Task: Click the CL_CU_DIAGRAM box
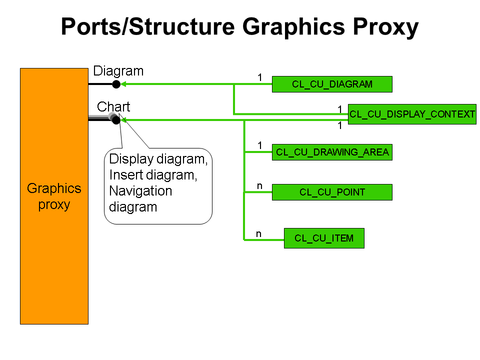pyautogui.click(x=332, y=84)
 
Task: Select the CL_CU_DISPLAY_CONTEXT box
pyautogui.click(x=412, y=114)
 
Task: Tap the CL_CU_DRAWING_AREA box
pyautogui.click(x=332, y=152)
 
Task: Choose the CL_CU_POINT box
pyautogui.click(x=332, y=192)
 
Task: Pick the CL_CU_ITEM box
pyautogui.click(x=324, y=238)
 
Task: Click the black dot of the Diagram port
pyautogui.click(x=116, y=84)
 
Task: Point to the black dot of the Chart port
pyautogui.click(x=116, y=120)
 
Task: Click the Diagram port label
pyautogui.click(x=118, y=71)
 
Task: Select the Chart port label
pyautogui.click(x=113, y=106)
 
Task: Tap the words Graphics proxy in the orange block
pyautogui.click(x=54, y=196)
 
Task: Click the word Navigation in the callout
pyautogui.click(x=140, y=191)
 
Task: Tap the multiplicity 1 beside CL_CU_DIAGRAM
pyautogui.click(x=260, y=77)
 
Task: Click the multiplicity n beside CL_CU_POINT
pyautogui.click(x=259, y=186)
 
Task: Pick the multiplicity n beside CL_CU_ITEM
pyautogui.click(x=259, y=233)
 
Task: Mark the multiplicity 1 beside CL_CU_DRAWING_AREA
pyautogui.click(x=260, y=145)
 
